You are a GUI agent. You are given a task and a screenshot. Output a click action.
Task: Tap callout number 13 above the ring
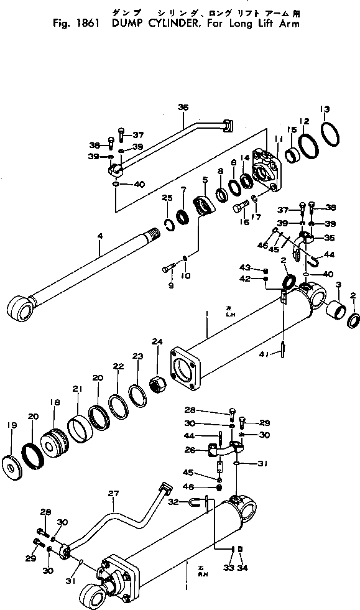pos(324,109)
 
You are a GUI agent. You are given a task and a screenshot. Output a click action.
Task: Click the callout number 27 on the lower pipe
pos(113,494)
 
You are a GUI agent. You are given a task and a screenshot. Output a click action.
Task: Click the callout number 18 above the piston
pos(55,402)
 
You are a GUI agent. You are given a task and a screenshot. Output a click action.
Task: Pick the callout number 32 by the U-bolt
pos(174,501)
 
